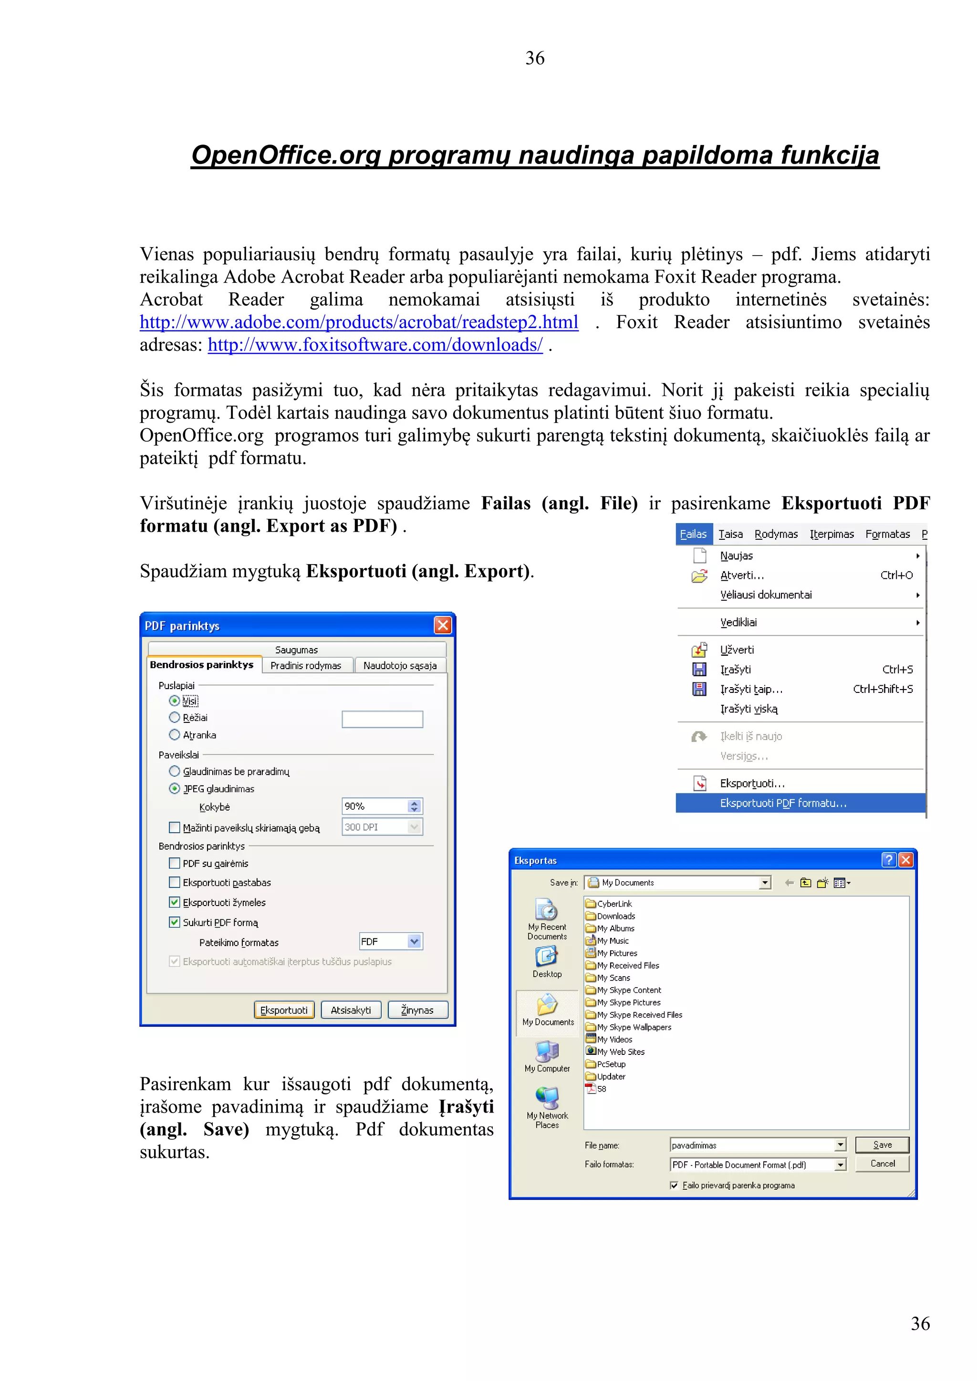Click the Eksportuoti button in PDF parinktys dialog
click(284, 1010)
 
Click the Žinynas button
click(417, 1010)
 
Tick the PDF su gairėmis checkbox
click(175, 863)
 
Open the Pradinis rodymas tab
click(306, 665)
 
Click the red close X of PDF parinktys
click(443, 625)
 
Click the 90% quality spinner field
click(375, 806)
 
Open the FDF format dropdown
click(415, 941)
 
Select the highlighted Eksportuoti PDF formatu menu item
click(783, 803)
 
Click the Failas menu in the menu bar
click(693, 534)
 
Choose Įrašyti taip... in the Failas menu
click(751, 689)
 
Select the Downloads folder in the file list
click(615, 916)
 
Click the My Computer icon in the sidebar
click(547, 1056)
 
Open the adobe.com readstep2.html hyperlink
click(359, 322)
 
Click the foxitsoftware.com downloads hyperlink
click(375, 345)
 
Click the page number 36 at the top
click(535, 58)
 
